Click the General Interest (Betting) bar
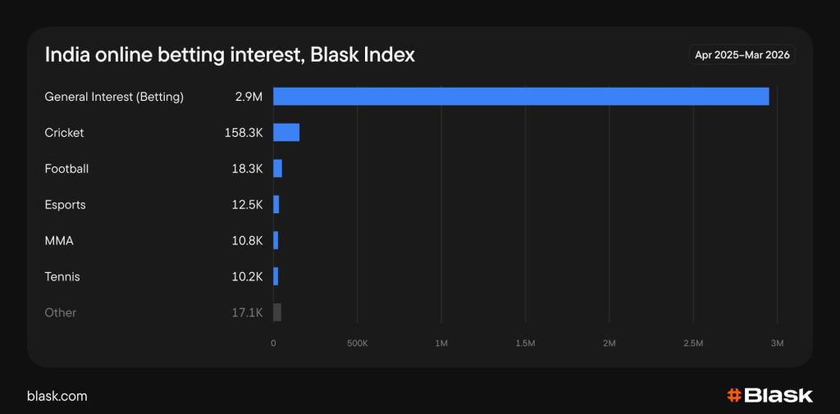tap(521, 97)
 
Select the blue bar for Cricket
tap(286, 133)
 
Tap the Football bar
tap(277, 169)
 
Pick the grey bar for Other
tap(277, 312)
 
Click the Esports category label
tap(65, 205)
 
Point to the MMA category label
tap(58, 241)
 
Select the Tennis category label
tap(62, 277)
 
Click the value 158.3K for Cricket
tap(244, 133)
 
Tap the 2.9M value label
tap(248, 97)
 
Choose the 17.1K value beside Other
tap(247, 312)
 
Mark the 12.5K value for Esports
tap(247, 205)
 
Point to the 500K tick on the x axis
tap(357, 343)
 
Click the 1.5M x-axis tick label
tap(525, 343)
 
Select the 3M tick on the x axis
tap(777, 343)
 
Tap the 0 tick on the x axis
tap(273, 343)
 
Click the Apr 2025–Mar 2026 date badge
tap(742, 55)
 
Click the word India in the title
tap(62, 55)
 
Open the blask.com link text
tap(57, 396)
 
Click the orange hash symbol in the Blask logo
tap(734, 395)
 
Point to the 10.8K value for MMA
tap(247, 241)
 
